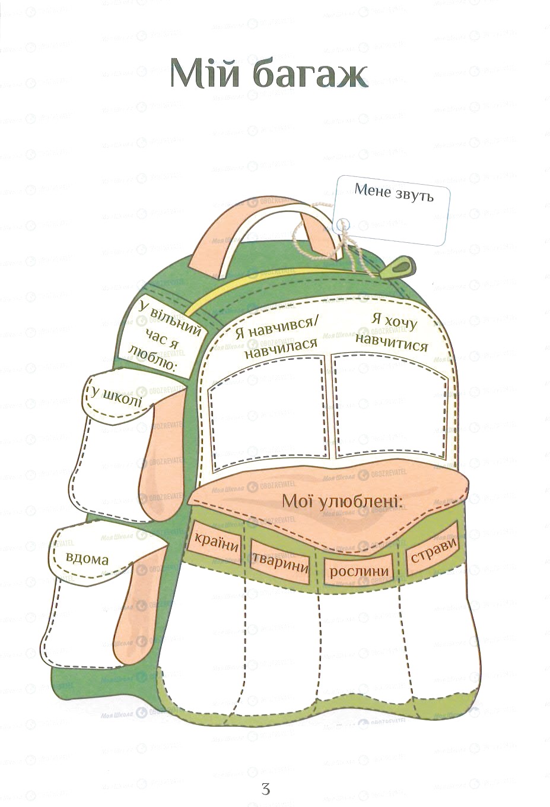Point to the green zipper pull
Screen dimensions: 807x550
(397, 267)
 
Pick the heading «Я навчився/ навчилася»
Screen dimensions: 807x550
(277, 337)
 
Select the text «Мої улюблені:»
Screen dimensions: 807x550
(342, 502)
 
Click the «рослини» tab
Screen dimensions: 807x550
(358, 571)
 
